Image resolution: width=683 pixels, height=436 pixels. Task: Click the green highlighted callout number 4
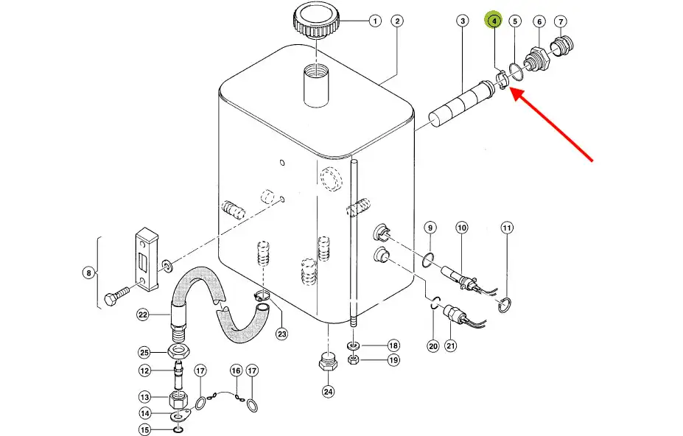point(493,21)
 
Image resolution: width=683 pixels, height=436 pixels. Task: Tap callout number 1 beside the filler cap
point(374,21)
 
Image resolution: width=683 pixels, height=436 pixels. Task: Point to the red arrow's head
point(514,93)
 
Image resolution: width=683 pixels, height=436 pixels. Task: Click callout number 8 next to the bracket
point(88,273)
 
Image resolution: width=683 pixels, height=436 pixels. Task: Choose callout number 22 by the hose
point(143,314)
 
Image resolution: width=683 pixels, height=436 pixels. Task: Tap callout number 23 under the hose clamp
point(281,334)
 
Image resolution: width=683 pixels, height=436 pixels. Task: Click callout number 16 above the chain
point(236,370)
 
